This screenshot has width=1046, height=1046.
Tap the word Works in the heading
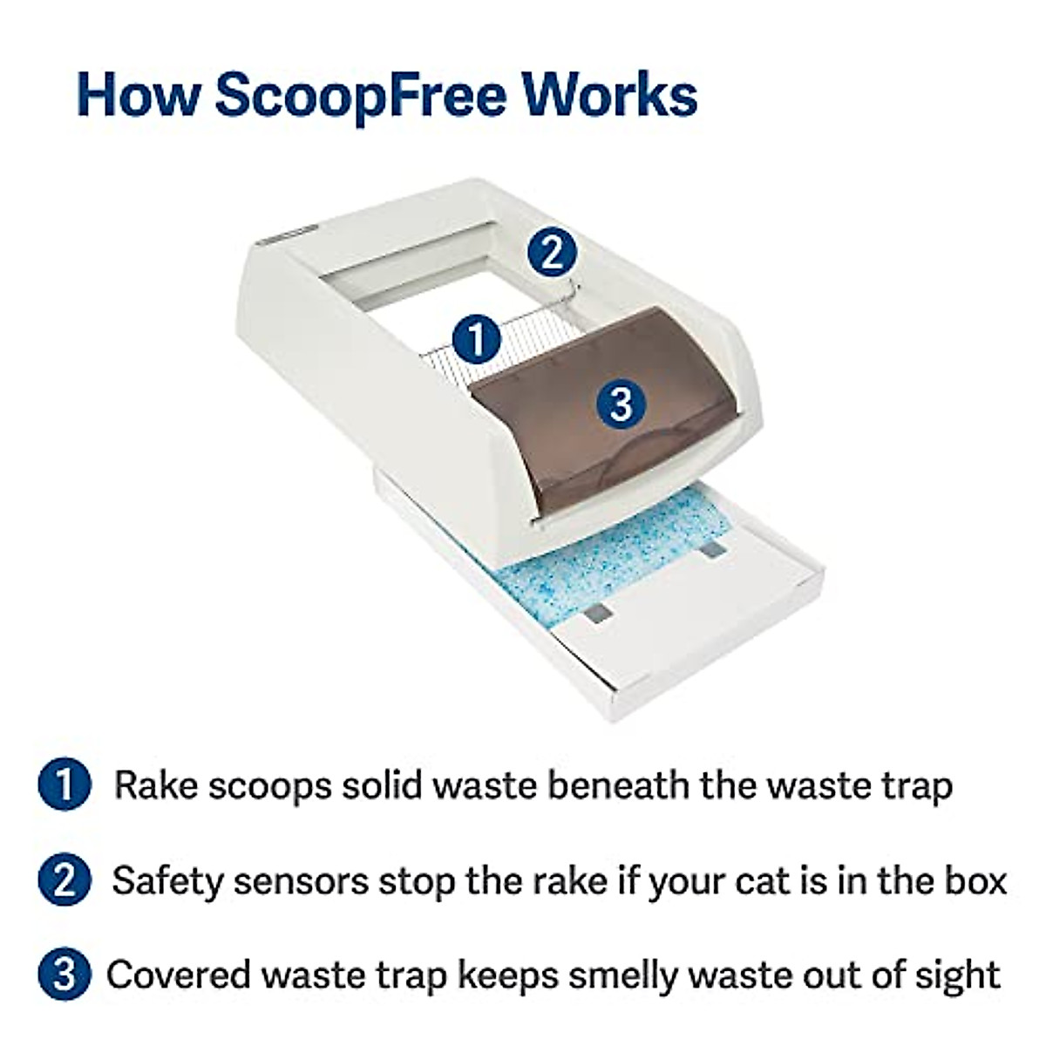(x=609, y=95)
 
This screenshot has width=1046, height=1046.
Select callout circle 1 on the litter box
(x=477, y=339)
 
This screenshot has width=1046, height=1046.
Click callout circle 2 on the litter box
(x=552, y=253)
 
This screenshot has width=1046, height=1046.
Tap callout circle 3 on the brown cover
(x=620, y=404)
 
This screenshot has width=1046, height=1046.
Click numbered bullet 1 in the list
(x=65, y=785)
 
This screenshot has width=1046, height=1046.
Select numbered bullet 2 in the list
(x=65, y=880)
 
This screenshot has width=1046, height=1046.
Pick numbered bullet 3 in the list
(x=65, y=975)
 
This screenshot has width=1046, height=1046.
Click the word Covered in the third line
(x=179, y=975)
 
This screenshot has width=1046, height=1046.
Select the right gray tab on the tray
(x=713, y=549)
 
